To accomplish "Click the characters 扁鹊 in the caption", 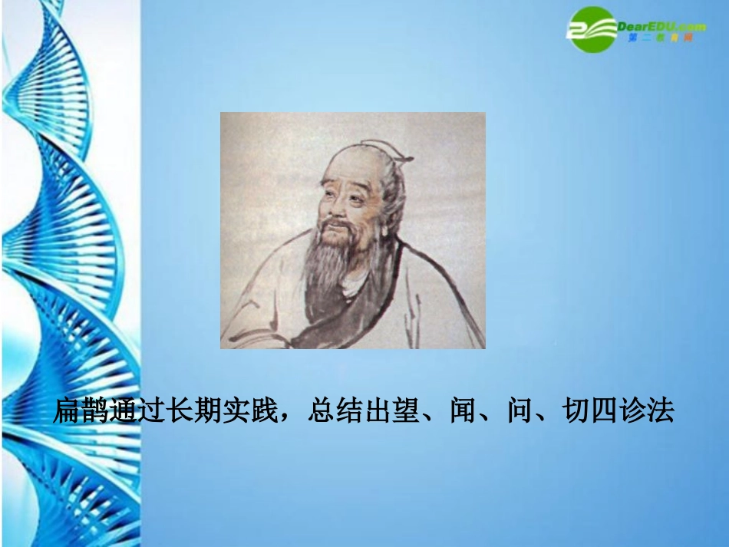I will [79, 412].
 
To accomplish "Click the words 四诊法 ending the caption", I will [635, 412].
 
